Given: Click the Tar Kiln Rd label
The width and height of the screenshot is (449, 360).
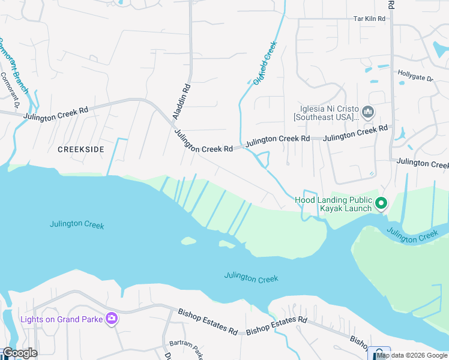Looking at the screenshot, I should (x=369, y=19).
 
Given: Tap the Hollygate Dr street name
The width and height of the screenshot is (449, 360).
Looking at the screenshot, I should (x=415, y=75).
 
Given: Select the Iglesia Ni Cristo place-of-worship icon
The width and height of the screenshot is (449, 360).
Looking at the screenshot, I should (x=369, y=112).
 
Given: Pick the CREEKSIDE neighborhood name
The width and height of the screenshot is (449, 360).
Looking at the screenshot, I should (x=81, y=149).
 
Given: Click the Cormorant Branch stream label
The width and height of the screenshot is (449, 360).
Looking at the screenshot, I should (x=13, y=66).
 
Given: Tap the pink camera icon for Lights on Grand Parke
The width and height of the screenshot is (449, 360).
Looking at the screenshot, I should (x=111, y=318).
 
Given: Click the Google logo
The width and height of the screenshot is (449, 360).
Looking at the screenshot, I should (x=20, y=353).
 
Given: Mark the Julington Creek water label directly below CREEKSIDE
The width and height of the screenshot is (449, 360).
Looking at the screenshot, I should (x=77, y=224).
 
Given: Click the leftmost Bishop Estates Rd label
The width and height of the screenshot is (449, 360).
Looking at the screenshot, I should (x=207, y=321).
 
